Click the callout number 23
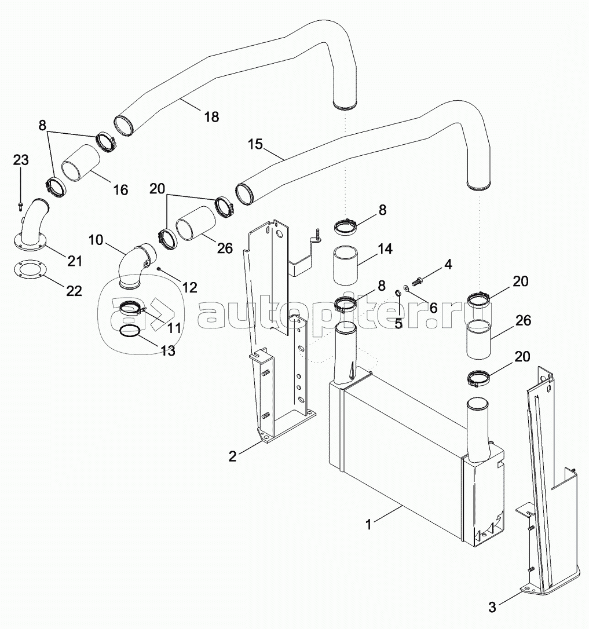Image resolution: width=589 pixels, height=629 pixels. pyautogui.click(x=21, y=160)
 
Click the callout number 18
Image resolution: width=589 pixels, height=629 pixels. pyautogui.click(x=211, y=117)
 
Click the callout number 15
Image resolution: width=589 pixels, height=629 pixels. pyautogui.click(x=255, y=144)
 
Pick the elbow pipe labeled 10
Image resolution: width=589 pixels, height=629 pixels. pyautogui.click(x=134, y=266)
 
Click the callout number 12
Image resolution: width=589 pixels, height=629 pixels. pyautogui.click(x=189, y=287)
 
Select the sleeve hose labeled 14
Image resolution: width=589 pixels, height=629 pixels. pyautogui.click(x=345, y=266)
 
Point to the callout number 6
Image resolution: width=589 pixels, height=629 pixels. pyautogui.click(x=433, y=308)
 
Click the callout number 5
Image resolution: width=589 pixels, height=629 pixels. pyautogui.click(x=398, y=323)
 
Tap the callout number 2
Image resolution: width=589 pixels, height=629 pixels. pyautogui.click(x=233, y=456)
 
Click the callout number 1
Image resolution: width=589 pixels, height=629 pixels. pyautogui.click(x=369, y=524)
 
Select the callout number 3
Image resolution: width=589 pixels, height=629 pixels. pyautogui.click(x=492, y=607)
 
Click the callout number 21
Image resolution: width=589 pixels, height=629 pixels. pyautogui.click(x=75, y=261)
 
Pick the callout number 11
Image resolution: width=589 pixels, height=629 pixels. pyautogui.click(x=174, y=328)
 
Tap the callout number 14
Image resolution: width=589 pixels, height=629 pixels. pyautogui.click(x=385, y=248)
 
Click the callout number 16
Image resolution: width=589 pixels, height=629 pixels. pyautogui.click(x=120, y=189)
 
